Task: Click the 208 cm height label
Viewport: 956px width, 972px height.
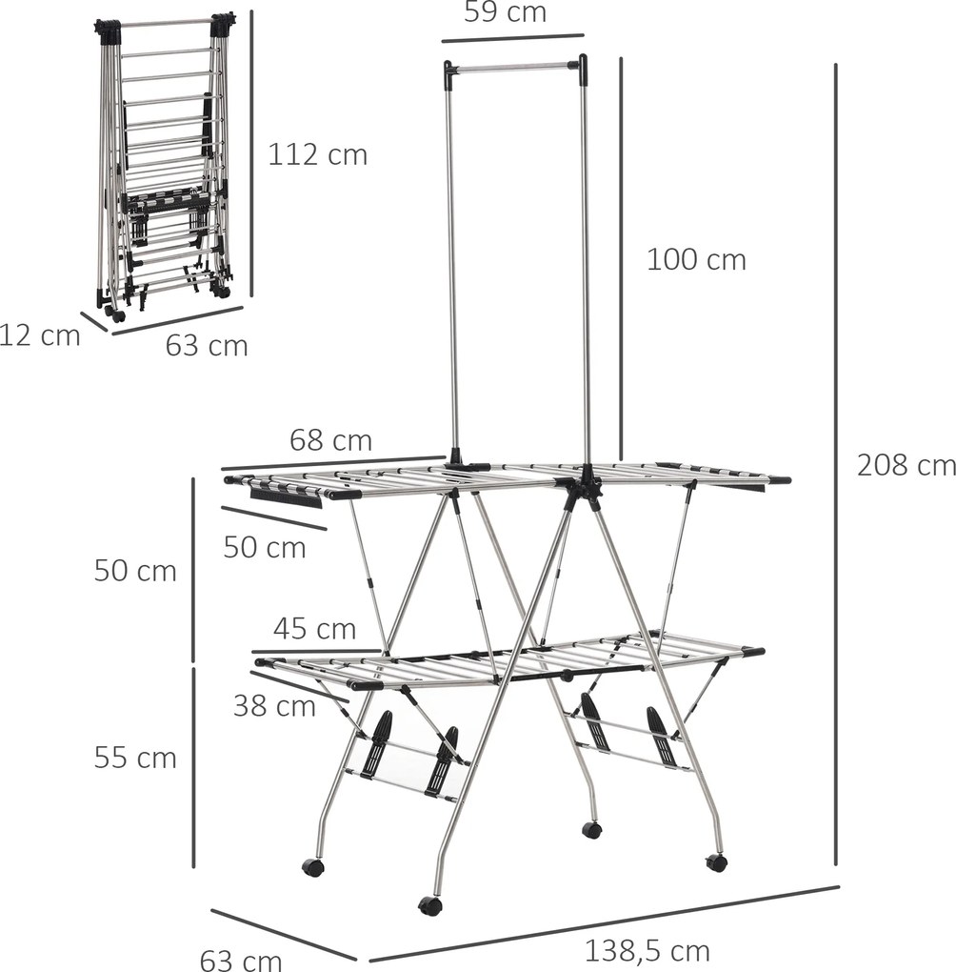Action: coord(906,465)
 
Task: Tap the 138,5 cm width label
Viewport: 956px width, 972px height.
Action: coord(647,950)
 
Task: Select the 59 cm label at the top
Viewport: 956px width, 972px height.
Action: coord(505,12)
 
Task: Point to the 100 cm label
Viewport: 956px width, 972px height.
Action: coord(696,259)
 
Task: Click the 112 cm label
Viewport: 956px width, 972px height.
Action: coord(317,154)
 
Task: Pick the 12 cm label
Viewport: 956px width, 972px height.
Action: coord(39,335)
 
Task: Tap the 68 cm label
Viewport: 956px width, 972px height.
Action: coord(330,440)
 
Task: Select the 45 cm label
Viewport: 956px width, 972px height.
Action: coord(314,629)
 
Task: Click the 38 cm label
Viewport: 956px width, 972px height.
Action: coord(274,706)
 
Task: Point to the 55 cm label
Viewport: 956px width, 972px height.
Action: coord(135,758)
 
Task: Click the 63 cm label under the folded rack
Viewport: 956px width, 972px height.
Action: coord(207,345)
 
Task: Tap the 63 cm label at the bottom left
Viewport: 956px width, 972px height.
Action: coord(241,959)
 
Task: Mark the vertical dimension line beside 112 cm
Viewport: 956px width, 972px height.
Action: coord(251,152)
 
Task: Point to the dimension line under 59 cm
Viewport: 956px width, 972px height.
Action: coord(512,38)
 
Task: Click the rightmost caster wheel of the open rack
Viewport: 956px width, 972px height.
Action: coord(716,862)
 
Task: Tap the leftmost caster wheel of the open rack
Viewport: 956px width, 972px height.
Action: coord(312,867)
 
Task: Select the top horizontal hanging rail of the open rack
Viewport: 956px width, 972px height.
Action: coord(514,68)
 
